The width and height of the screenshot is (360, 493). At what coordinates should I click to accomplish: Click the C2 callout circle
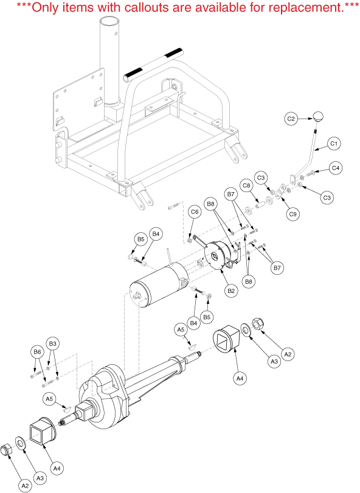pyautogui.click(x=291, y=119)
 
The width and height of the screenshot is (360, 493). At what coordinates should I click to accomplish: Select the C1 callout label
pyautogui.click(x=334, y=144)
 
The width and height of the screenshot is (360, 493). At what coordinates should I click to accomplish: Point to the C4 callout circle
pyautogui.click(x=336, y=168)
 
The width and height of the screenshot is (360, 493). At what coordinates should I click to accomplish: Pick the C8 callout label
pyautogui.click(x=246, y=185)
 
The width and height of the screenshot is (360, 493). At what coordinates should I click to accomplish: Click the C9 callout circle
pyautogui.click(x=292, y=215)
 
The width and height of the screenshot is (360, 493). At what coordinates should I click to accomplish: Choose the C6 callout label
pyautogui.click(x=195, y=212)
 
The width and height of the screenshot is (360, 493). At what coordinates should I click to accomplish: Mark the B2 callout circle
pyautogui.click(x=231, y=291)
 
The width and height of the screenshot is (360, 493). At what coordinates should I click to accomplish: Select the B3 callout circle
pyautogui.click(x=52, y=343)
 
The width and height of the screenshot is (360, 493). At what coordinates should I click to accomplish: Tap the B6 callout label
pyautogui.click(x=38, y=352)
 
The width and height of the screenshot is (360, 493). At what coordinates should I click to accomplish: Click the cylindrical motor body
pyautogui.click(x=159, y=285)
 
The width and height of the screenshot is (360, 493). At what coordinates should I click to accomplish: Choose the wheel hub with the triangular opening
pyautogui.click(x=226, y=339)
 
